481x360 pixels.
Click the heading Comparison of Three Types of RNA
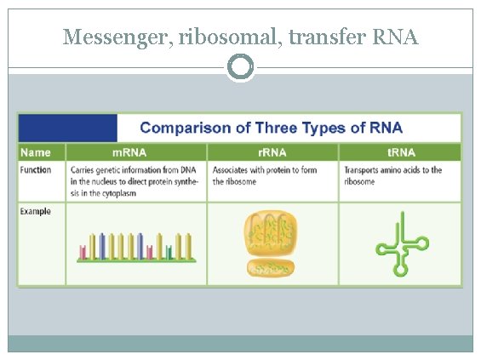[x=271, y=129]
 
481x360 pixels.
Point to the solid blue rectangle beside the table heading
[x=67, y=128]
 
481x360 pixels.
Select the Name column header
[x=36, y=152]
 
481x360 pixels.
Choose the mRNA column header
[x=135, y=152]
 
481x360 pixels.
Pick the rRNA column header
[x=272, y=152]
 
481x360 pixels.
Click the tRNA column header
[x=399, y=152]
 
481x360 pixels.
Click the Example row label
[x=37, y=211]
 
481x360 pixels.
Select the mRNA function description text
[x=135, y=181]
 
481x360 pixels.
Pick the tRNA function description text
[x=393, y=175]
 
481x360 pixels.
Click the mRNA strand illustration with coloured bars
[x=136, y=245]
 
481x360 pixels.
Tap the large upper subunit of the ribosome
[x=272, y=233]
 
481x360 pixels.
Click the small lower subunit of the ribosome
[x=272, y=269]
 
